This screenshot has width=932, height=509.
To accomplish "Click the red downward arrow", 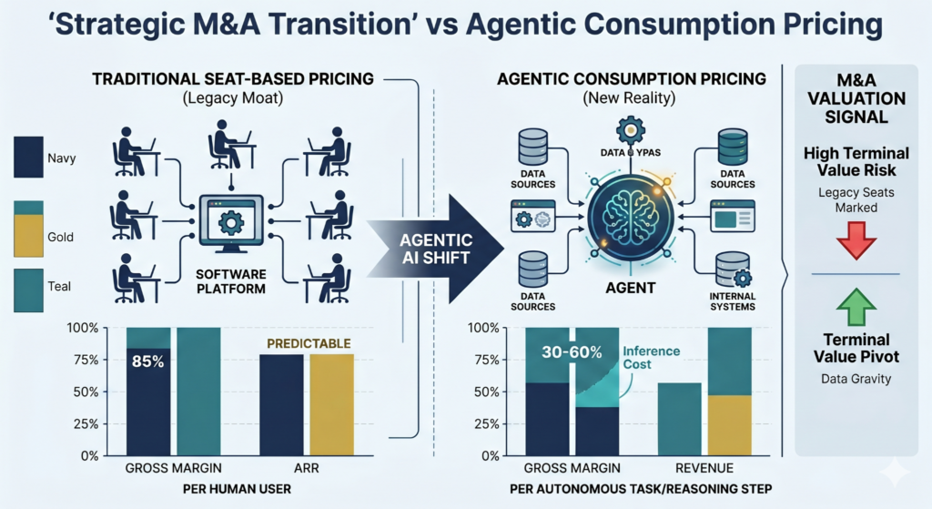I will pos(855,239).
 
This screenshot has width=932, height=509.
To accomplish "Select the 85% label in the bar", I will pos(147,361).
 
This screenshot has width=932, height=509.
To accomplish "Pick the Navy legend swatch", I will pos(28,157).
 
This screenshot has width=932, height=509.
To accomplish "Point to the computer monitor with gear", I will pos(230,222).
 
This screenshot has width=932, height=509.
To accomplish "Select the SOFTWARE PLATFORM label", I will pos(230,282).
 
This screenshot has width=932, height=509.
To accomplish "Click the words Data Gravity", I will pos(855,379).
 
